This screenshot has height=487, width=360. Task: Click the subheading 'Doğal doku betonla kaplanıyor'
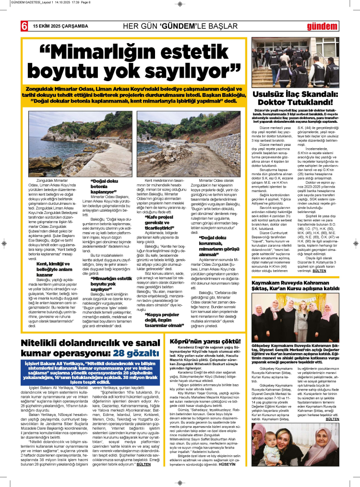click(105, 186)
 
